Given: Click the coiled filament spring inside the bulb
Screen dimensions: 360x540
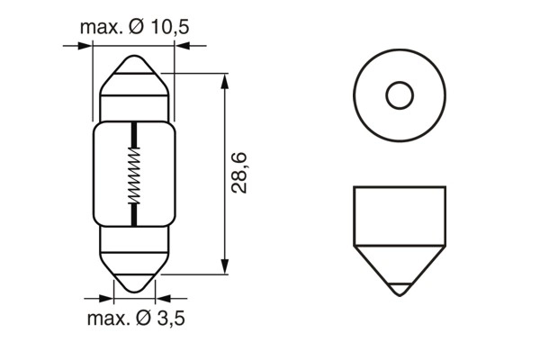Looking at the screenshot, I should tap(135, 176).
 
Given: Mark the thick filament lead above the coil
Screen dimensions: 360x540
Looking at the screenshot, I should tap(135, 136).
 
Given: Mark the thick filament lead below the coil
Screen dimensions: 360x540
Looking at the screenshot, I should tap(135, 216).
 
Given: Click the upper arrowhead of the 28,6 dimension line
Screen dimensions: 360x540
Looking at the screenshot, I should tap(223, 78).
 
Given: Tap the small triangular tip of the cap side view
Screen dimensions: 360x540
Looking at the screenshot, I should tap(400, 291).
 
